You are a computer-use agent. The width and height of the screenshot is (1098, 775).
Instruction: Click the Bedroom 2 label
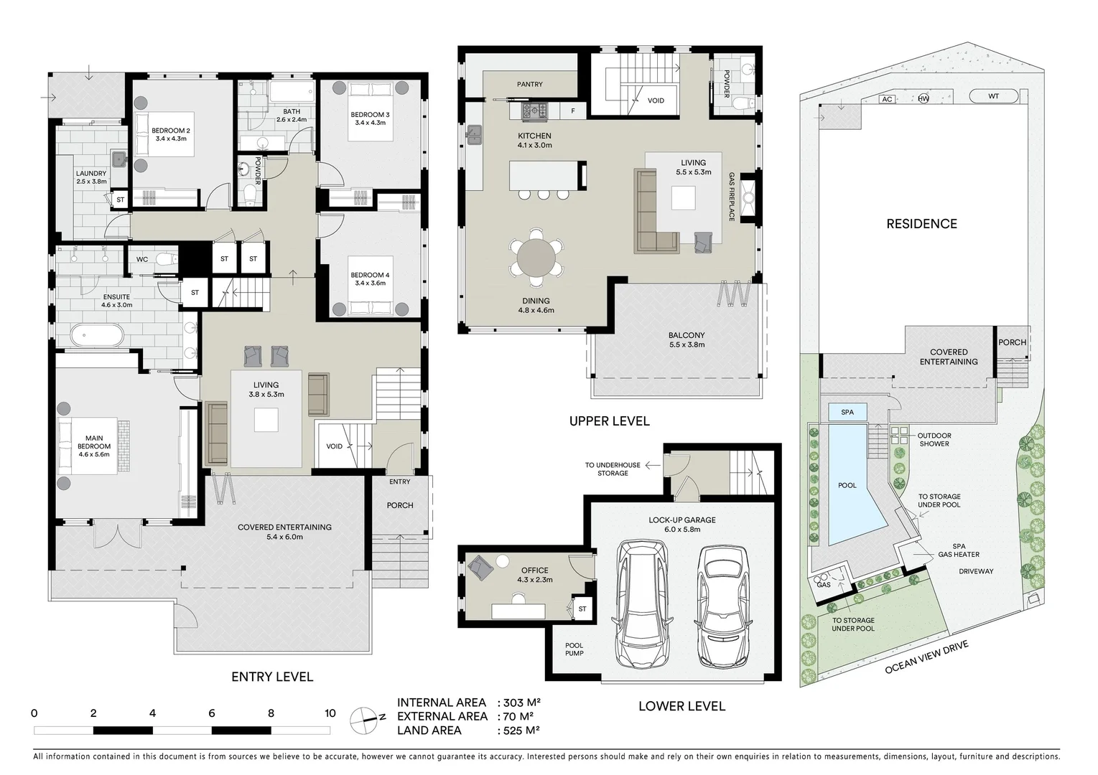(170, 134)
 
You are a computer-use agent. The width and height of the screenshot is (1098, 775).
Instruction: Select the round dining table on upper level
(536, 258)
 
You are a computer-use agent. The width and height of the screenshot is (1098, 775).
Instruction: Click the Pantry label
(530, 85)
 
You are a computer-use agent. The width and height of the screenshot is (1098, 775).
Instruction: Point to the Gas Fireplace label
(732, 197)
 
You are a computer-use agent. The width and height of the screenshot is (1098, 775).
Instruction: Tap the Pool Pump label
(574, 649)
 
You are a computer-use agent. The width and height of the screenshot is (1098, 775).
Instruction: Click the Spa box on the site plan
(847, 413)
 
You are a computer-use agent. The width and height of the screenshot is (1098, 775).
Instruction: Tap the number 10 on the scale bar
(330, 713)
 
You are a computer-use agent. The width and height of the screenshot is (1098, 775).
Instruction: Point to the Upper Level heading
(609, 421)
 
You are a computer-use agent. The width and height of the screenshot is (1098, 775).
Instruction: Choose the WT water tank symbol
(993, 96)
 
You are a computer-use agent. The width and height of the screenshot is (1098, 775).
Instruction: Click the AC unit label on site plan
(887, 99)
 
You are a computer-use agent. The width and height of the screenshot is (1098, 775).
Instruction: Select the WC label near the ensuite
(142, 259)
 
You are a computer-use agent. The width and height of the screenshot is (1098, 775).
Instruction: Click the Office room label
(534, 575)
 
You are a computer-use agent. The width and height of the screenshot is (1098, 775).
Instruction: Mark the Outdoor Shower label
(934, 439)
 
